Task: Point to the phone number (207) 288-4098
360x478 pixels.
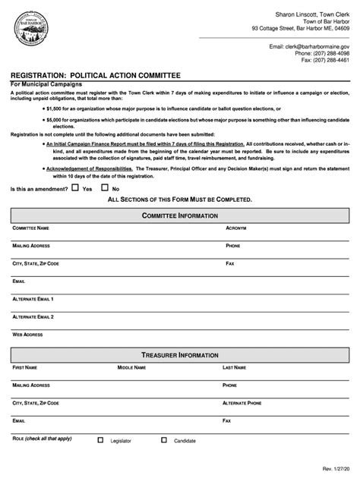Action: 330,53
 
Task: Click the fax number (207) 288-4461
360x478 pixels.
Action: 330,61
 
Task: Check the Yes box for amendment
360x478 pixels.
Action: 75,187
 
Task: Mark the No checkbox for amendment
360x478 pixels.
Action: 105,187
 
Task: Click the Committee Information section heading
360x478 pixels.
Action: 180,215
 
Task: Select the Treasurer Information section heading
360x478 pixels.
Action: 180,354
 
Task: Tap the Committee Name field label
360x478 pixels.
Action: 31,228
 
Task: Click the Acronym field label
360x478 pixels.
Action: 236,228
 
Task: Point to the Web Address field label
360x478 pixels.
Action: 28,334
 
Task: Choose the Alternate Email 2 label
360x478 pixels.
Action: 33,316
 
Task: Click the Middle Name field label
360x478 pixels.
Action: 131,367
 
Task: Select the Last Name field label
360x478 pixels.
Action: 234,367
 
